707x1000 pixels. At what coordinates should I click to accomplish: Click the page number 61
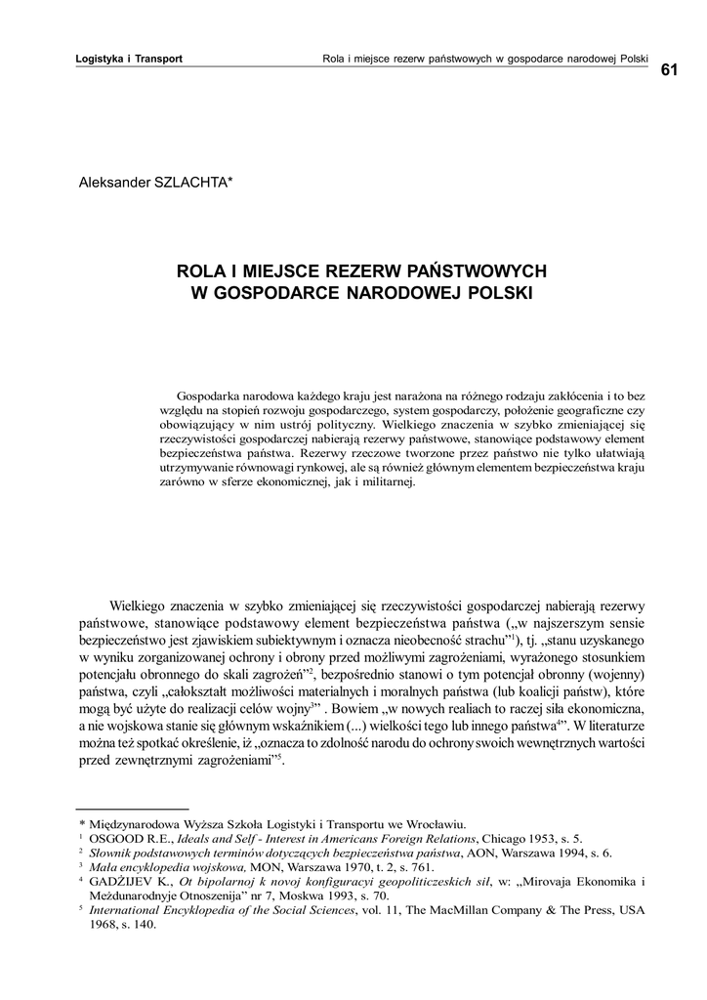click(x=670, y=70)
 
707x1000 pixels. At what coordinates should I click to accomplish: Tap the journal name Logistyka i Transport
click(x=129, y=59)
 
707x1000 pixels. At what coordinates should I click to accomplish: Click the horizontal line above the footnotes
click(x=133, y=810)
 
